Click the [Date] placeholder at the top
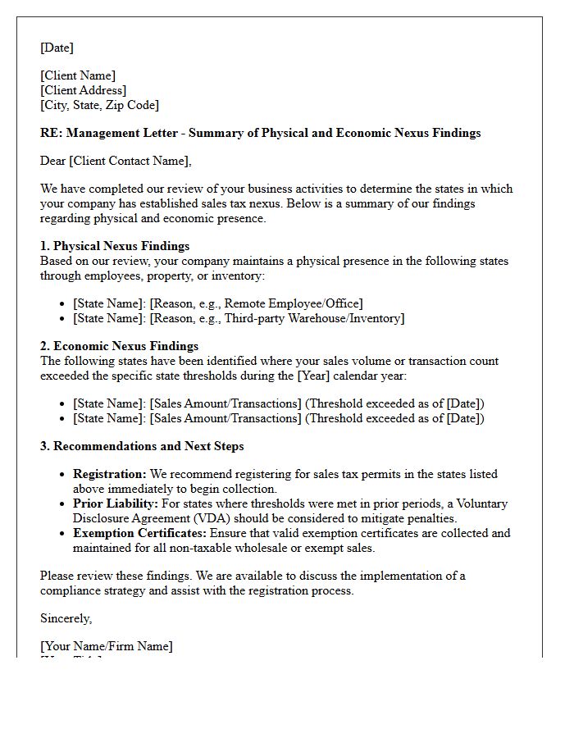click(57, 48)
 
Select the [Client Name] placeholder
click(78, 75)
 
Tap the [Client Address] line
click(83, 90)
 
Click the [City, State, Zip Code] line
click(99, 105)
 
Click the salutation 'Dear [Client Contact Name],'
click(116, 161)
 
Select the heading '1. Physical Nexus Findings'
click(115, 246)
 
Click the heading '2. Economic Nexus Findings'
click(119, 346)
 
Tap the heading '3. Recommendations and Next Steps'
click(142, 446)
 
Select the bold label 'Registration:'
click(110, 474)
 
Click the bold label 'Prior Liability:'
click(116, 503)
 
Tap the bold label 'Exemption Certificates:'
click(140, 533)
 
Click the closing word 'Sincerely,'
click(66, 618)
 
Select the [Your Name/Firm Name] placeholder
click(107, 646)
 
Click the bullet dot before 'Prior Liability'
click(64, 504)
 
